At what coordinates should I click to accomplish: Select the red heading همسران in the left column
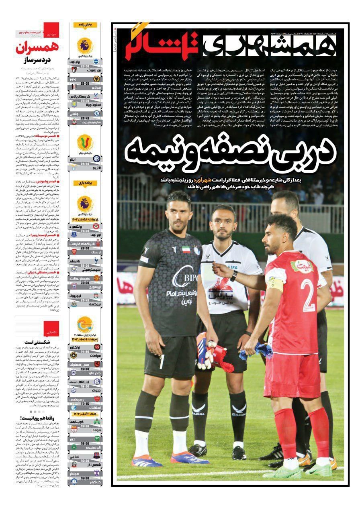pos(38,48)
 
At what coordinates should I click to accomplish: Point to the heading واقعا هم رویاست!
pos(40,418)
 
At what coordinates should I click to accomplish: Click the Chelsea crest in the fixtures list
pos(97,114)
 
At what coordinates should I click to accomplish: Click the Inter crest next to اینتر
pos(96,158)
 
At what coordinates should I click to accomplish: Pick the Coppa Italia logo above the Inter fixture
pos(85,142)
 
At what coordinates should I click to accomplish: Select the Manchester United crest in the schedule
pos(97,278)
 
